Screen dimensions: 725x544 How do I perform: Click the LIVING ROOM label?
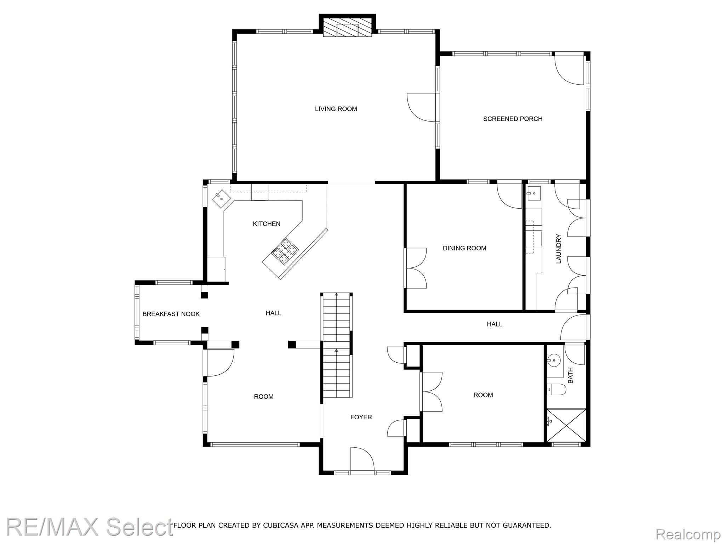336,109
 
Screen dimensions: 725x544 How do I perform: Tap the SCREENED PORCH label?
513,119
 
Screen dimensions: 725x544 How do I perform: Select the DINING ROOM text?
464,248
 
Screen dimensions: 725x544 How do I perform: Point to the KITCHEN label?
267,224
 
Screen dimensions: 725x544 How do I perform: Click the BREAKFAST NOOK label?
171,314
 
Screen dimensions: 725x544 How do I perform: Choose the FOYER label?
361,417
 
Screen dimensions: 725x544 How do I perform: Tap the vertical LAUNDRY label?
559,249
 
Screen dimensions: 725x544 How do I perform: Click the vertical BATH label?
570,375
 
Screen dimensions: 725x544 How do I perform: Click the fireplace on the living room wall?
347,25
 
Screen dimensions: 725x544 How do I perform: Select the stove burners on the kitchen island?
285,252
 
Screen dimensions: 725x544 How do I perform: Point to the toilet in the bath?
556,390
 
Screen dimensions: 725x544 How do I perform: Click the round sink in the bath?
553,361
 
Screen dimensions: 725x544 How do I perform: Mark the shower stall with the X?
566,425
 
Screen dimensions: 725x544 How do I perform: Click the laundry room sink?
533,193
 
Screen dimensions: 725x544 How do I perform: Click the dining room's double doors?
416,268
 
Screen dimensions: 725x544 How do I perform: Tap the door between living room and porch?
422,108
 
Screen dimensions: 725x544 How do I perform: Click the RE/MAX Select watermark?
89,527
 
